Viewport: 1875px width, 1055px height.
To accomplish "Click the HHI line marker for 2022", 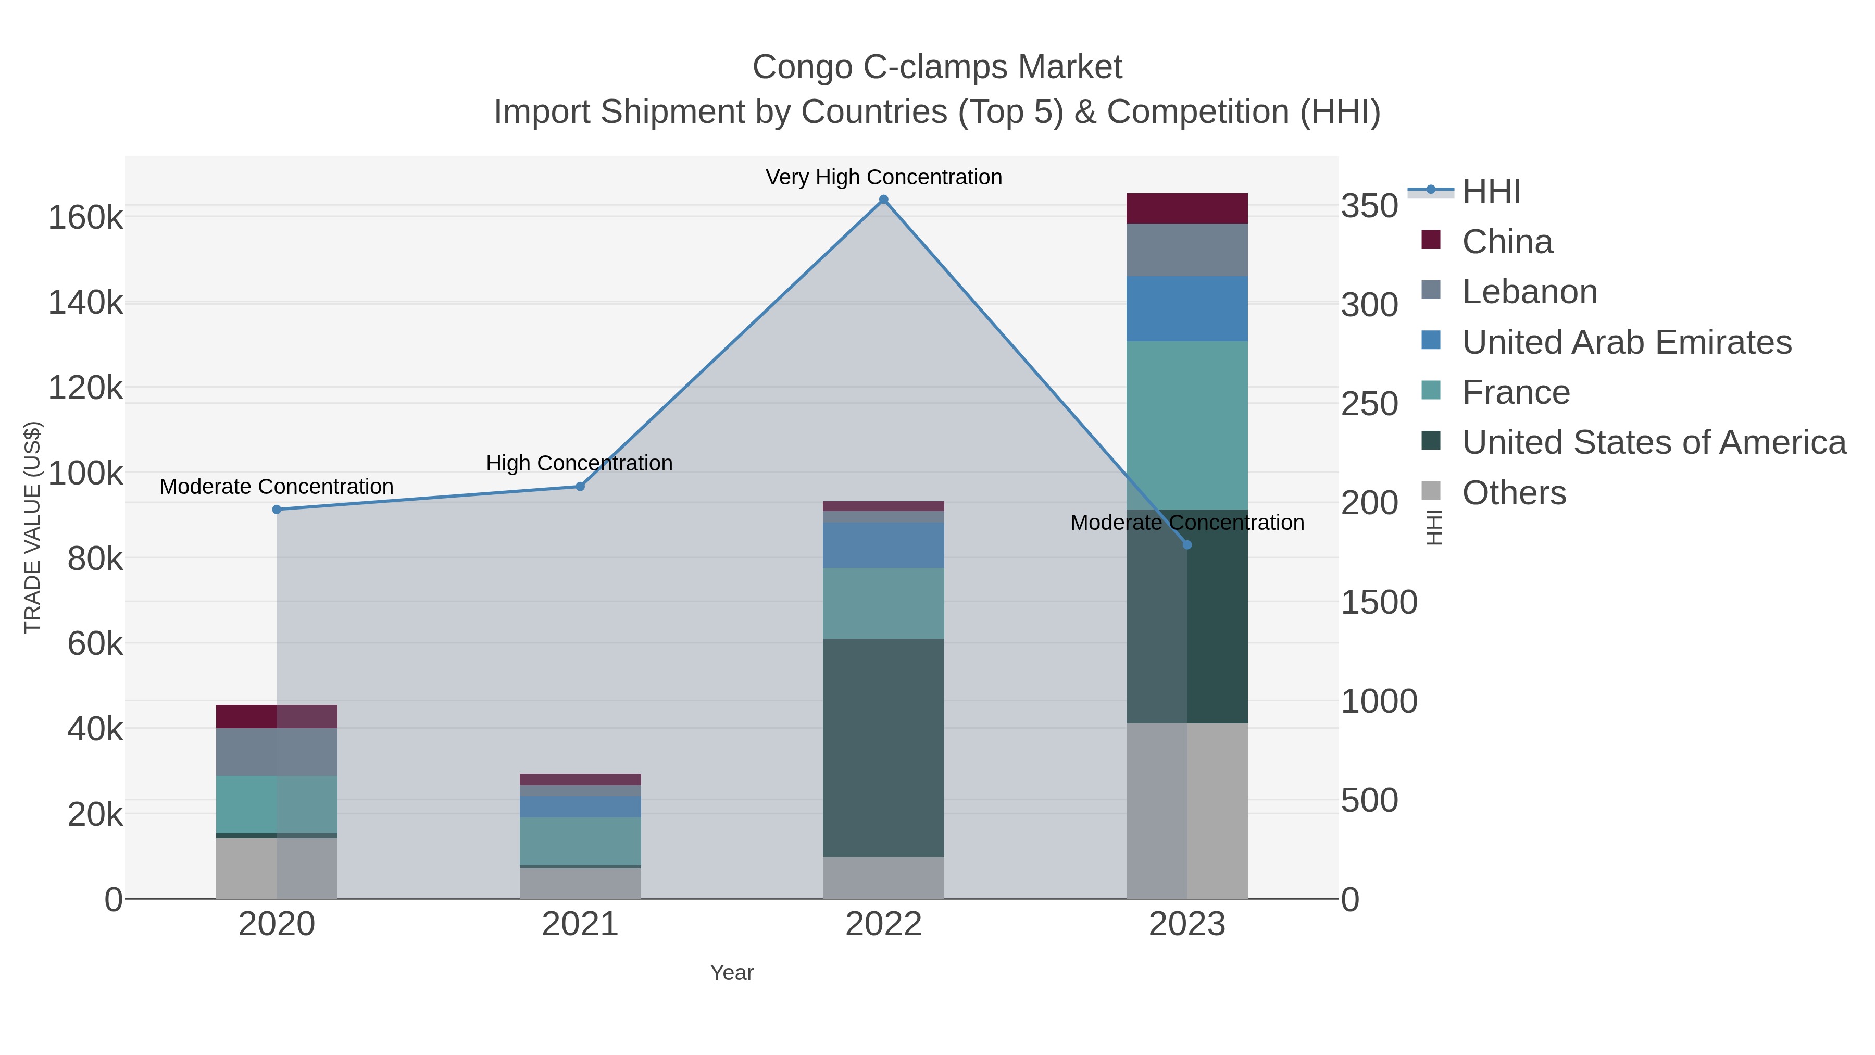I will click(884, 200).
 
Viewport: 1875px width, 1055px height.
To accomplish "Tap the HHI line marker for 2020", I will click(277, 510).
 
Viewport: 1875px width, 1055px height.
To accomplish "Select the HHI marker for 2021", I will click(580, 487).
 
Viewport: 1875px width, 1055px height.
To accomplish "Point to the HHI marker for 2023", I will click(1187, 544).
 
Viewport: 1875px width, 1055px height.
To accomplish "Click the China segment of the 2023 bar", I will click(1187, 208).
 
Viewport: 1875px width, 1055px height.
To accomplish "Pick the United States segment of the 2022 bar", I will click(884, 748).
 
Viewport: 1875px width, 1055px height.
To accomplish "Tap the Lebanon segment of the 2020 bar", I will click(277, 752).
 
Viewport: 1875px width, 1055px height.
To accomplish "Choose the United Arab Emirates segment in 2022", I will click(884, 544).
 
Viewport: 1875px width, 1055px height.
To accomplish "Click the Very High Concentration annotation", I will click(884, 177).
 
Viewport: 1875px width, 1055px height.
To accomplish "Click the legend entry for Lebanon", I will click(1529, 292).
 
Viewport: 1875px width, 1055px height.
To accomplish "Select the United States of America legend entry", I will click(1654, 443).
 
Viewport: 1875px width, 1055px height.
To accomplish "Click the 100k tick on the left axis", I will click(86, 473).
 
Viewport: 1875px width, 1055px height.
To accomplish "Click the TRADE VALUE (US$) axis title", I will click(33, 527).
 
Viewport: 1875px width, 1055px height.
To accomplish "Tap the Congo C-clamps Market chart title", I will click(937, 67).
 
